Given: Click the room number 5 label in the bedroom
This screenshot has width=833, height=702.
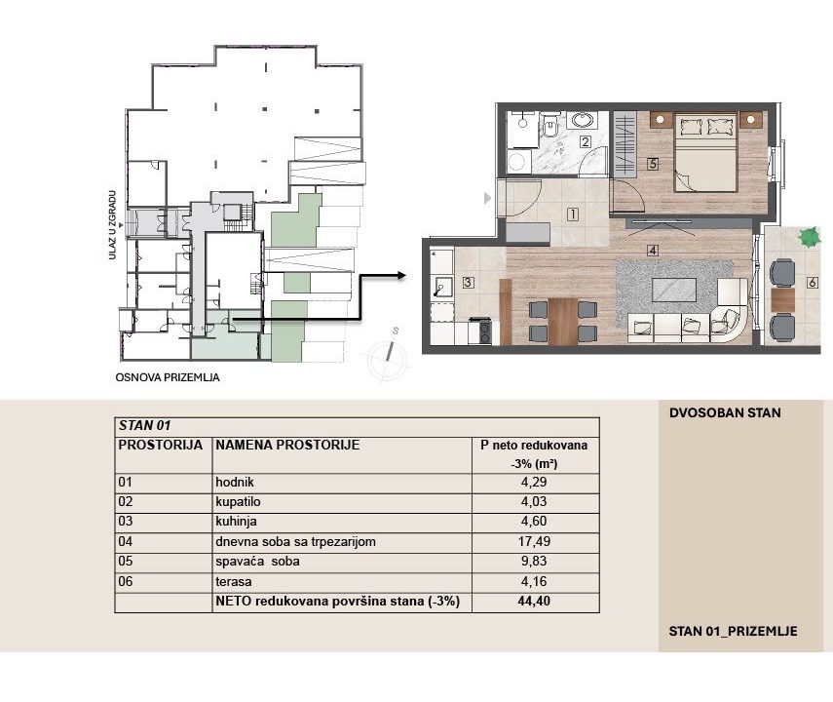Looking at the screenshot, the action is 653,164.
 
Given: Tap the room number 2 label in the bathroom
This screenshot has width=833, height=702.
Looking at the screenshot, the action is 586,142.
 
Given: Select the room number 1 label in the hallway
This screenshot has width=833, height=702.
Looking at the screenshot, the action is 573,214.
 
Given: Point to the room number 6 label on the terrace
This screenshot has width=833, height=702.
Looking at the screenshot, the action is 812,283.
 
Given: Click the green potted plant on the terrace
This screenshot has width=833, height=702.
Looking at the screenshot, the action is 809,237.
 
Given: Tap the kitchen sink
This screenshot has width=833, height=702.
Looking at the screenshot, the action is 441,288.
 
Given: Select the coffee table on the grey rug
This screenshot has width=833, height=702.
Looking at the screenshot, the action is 674,290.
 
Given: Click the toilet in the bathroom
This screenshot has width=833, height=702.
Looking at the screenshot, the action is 550,127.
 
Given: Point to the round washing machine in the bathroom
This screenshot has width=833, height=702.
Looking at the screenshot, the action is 518,161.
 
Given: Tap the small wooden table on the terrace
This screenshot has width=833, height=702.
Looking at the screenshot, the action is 782,300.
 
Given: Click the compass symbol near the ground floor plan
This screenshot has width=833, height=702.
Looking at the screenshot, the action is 389,355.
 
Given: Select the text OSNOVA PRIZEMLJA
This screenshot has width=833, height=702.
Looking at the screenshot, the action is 168,377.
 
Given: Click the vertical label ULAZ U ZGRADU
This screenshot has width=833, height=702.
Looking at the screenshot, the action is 112,225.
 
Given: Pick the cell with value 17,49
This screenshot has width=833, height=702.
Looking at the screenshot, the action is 535,542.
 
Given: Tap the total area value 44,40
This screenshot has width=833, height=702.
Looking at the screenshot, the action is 534,602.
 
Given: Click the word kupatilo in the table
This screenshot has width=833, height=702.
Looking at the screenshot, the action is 238,502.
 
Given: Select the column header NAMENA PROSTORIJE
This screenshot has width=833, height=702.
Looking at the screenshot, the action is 287,445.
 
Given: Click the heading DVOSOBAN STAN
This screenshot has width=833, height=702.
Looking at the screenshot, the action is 725,412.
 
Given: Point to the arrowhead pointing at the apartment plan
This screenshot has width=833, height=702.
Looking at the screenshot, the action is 401,276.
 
